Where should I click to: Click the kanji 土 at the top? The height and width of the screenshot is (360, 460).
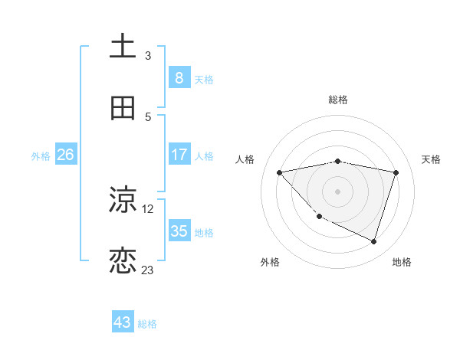123,47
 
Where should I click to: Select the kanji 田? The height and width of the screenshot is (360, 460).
123,108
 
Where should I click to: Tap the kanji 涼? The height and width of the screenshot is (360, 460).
123,200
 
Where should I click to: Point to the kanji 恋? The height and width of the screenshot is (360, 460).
123,261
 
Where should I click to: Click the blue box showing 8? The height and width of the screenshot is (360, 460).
179,77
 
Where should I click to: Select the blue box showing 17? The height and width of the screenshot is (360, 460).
179,155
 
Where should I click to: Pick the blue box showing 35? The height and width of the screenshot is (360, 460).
179,231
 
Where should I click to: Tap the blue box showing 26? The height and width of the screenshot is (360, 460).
65,155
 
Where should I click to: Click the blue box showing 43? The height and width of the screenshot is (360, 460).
123,322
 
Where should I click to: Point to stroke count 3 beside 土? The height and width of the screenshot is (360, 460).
148,56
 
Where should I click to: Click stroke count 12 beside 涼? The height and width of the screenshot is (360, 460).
148,208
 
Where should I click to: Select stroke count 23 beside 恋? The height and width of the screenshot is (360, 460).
148,270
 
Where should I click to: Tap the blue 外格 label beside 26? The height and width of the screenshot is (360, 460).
41,155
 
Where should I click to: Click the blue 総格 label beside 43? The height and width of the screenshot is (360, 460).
147,324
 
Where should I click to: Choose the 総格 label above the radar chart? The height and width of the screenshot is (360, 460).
337,100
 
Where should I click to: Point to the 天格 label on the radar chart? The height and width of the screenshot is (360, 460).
432,159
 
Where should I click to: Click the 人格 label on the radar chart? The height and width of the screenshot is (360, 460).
245,159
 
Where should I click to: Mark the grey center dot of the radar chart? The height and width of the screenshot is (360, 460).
337,191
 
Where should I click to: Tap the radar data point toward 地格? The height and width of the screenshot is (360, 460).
373,241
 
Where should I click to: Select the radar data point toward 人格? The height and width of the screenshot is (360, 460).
280,172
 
